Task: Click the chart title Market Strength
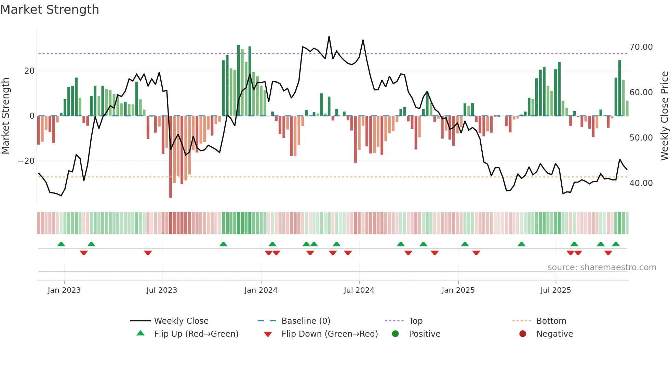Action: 50,10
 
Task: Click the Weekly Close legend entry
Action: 181,321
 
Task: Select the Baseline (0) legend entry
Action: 306,321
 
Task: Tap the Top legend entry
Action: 415,321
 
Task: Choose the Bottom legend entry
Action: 551,321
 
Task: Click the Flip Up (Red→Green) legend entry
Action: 196,334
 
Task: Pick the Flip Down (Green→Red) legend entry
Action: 330,334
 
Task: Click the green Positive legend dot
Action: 396,334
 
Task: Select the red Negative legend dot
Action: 523,334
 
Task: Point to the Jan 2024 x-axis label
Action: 261,290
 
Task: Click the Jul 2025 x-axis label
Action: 555,290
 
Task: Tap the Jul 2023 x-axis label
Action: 162,290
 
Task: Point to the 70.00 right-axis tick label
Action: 641,47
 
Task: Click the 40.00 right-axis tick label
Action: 641,183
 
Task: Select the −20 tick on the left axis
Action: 26,161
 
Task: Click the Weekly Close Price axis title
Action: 664,116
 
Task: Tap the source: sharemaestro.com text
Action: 602,267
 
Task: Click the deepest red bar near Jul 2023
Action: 171,157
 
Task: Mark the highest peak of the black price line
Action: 329,37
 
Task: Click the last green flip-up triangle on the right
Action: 616,244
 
